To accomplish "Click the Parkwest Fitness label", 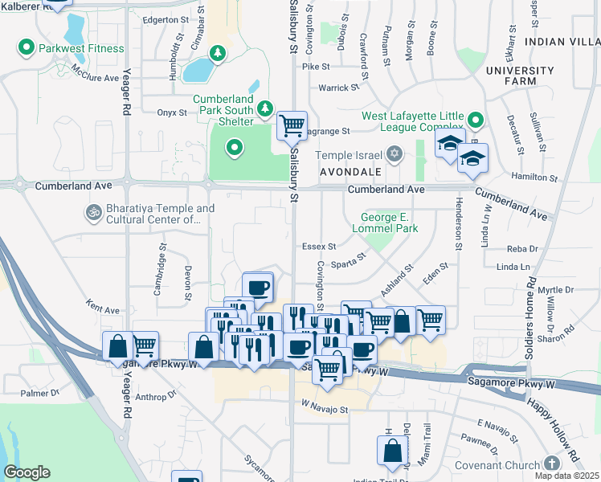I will pyautogui.click(x=81, y=48).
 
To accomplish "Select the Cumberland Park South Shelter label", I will pyautogui.click(x=223, y=109).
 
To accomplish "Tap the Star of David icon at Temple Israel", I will pyautogui.click(x=394, y=153).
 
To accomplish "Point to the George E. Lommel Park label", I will pyautogui.click(x=390, y=223).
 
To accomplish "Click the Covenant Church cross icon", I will pyautogui.click(x=551, y=464).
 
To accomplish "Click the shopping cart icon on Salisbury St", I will pyautogui.click(x=291, y=125).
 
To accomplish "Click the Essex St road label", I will pyautogui.click(x=319, y=247).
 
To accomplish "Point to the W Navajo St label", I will pyautogui.click(x=325, y=409).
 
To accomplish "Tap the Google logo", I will pyautogui.click(x=27, y=472).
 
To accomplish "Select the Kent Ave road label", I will pyautogui.click(x=102, y=308).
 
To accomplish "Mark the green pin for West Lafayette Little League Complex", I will pyautogui.click(x=476, y=121).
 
